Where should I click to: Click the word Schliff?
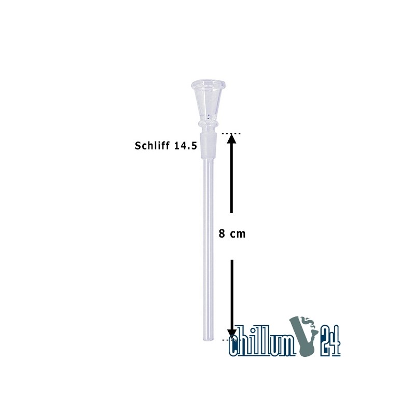152,146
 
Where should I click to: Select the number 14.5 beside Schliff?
185,146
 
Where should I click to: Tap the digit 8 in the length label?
222,234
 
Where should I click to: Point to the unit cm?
238,234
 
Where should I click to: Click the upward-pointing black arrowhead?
231,139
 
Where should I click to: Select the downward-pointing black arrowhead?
232,335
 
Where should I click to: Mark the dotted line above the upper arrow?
231,133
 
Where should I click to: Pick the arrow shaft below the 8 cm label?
232,295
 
